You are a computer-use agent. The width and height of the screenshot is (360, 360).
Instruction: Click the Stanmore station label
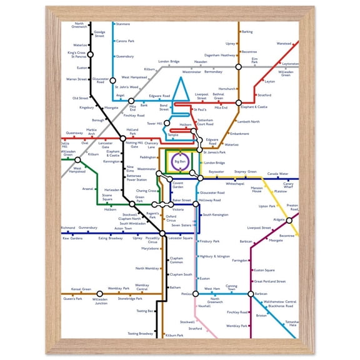(123, 24)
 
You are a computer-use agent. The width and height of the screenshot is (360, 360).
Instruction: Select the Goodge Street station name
(99, 34)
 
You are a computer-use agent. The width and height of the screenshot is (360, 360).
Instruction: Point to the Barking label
(247, 31)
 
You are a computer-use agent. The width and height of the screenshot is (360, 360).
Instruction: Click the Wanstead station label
(284, 43)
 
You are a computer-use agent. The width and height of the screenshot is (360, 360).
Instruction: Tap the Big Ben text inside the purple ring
(180, 162)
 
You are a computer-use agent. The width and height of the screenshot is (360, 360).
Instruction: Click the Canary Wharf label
(288, 185)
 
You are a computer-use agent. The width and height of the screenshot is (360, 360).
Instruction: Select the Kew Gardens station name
(72, 238)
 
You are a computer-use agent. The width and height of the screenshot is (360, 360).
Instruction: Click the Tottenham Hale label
(291, 324)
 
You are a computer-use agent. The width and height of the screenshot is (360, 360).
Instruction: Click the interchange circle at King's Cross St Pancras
(90, 54)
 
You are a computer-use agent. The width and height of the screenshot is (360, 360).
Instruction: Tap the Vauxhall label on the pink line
(204, 306)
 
